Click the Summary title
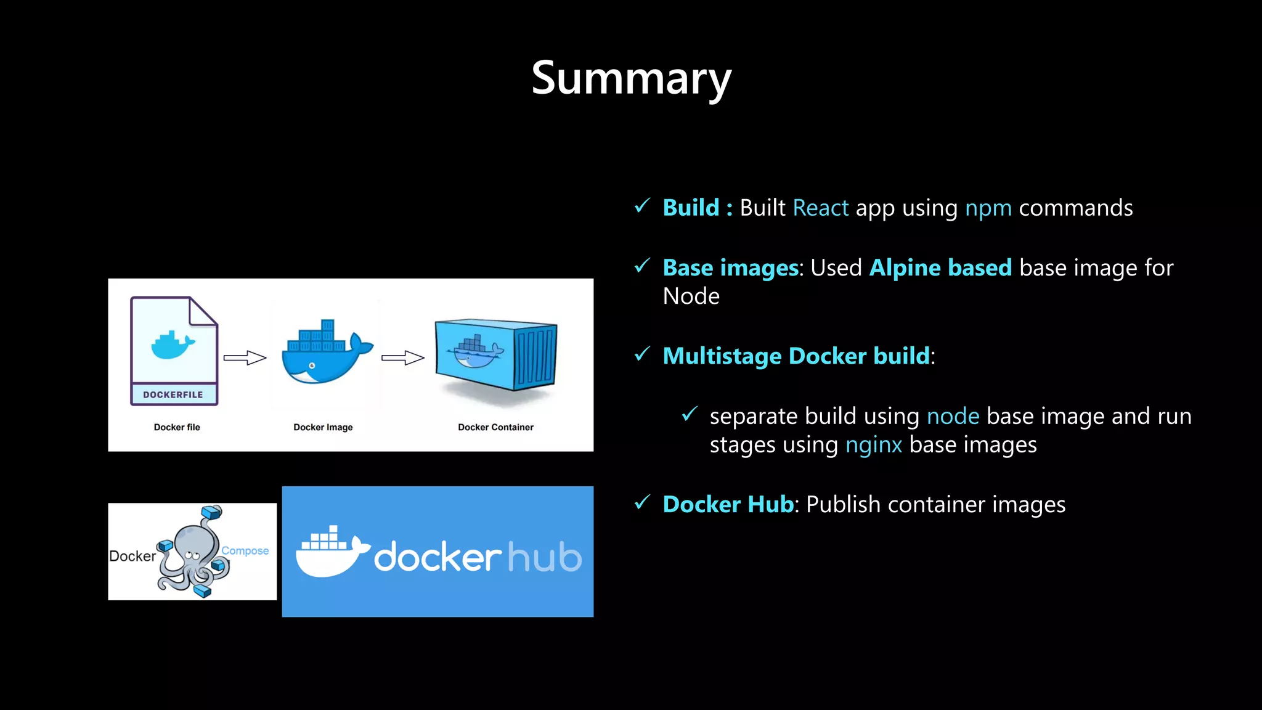[631, 78]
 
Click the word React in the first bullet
[820, 208]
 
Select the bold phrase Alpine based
[940, 268]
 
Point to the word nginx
[873, 445]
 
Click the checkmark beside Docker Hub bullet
[642, 502]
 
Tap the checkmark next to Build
[642, 206]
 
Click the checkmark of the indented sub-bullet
[690, 414]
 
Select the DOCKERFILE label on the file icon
[173, 394]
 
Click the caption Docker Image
[323, 427]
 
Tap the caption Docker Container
[495, 427]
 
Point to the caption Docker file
[177, 427]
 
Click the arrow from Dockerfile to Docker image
[245, 358]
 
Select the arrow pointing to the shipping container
[403, 358]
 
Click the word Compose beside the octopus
[245, 550]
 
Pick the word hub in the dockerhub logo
[544, 558]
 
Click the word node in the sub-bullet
[953, 417]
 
